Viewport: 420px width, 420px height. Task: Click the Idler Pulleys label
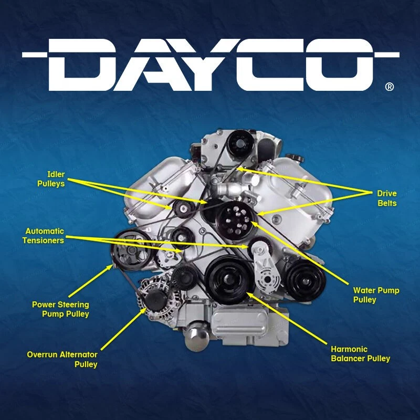51,178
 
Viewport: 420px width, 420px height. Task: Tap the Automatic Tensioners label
45,236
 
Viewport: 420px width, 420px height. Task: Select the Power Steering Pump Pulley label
60,309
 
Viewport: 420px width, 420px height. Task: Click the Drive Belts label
386,198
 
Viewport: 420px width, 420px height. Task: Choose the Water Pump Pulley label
376,295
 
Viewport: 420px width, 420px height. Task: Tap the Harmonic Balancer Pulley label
360,354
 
